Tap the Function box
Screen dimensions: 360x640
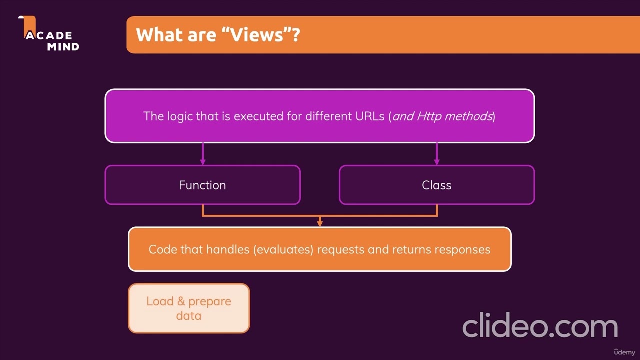point(202,185)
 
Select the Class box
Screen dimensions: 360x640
point(436,185)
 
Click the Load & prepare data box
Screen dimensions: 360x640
point(189,308)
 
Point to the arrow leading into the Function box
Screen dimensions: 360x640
point(202,154)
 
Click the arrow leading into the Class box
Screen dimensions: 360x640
point(437,154)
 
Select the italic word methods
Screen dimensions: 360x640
point(468,116)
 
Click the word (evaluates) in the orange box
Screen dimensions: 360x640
point(284,249)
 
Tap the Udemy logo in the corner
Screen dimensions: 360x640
point(625,352)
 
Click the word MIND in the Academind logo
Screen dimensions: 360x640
point(63,47)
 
